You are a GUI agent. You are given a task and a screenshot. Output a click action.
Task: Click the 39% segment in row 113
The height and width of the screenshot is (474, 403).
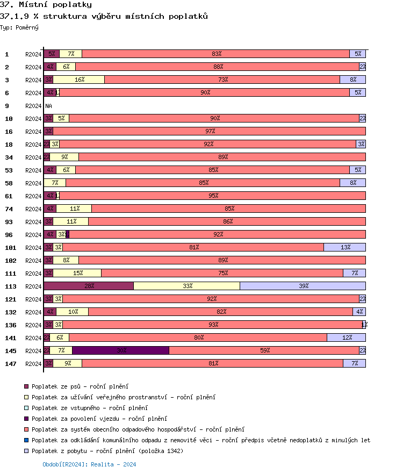[x=303, y=286]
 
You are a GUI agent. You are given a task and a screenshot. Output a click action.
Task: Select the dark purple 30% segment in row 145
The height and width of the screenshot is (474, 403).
[x=121, y=350]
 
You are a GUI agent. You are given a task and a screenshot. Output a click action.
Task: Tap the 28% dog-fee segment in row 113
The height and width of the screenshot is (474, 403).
[x=89, y=286]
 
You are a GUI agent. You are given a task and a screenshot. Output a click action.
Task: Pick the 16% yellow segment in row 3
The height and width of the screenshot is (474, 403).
[x=79, y=80]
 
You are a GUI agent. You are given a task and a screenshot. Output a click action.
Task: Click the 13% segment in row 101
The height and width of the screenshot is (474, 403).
[x=344, y=247]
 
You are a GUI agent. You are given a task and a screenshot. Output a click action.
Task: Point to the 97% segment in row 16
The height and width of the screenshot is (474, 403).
[x=210, y=131]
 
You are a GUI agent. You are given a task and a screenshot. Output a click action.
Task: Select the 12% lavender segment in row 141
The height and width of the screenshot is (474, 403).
[x=346, y=337]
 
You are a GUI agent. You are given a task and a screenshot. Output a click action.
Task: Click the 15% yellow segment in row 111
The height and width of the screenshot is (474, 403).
[x=77, y=273]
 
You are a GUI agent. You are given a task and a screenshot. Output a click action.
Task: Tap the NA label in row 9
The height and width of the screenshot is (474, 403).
[x=48, y=106]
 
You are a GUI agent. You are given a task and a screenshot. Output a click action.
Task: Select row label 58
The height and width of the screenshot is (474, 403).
[x=9, y=183]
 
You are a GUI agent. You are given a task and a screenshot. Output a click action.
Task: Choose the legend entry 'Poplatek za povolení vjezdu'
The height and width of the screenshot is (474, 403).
[x=99, y=419]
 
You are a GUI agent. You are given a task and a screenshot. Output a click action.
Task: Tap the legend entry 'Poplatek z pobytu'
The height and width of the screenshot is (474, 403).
[x=107, y=451]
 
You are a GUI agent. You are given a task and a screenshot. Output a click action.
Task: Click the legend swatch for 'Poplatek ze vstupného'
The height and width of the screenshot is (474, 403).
[x=26, y=408]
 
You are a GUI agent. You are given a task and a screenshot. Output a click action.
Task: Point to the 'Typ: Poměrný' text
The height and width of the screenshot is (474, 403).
[x=19, y=27]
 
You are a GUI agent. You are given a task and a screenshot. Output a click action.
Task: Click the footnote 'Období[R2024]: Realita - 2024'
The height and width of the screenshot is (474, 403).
[x=89, y=464]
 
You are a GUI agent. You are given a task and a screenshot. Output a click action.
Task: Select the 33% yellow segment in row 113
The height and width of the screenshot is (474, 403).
[x=186, y=286]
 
